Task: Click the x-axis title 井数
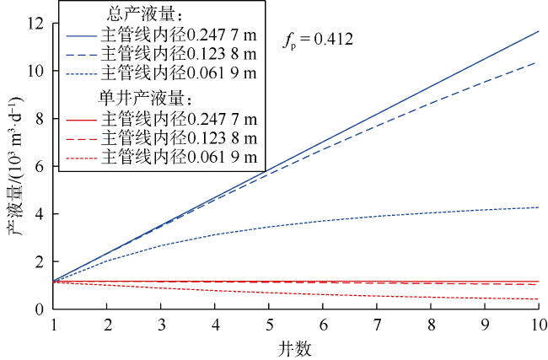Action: pyautogui.click(x=296, y=347)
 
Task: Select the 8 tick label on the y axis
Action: pyautogui.click(x=40, y=118)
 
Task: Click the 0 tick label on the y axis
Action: pyautogui.click(x=40, y=309)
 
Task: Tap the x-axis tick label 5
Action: pyautogui.click(x=270, y=325)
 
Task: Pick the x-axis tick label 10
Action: pyautogui.click(x=536, y=325)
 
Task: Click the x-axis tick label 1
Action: pyautogui.click(x=54, y=325)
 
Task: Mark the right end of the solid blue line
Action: pyautogui.click(x=539, y=31)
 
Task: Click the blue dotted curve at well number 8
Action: pyautogui.click(x=431, y=212)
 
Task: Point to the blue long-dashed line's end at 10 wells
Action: pyautogui.click(x=539, y=62)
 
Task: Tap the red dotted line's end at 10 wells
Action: pyautogui.click(x=539, y=299)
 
